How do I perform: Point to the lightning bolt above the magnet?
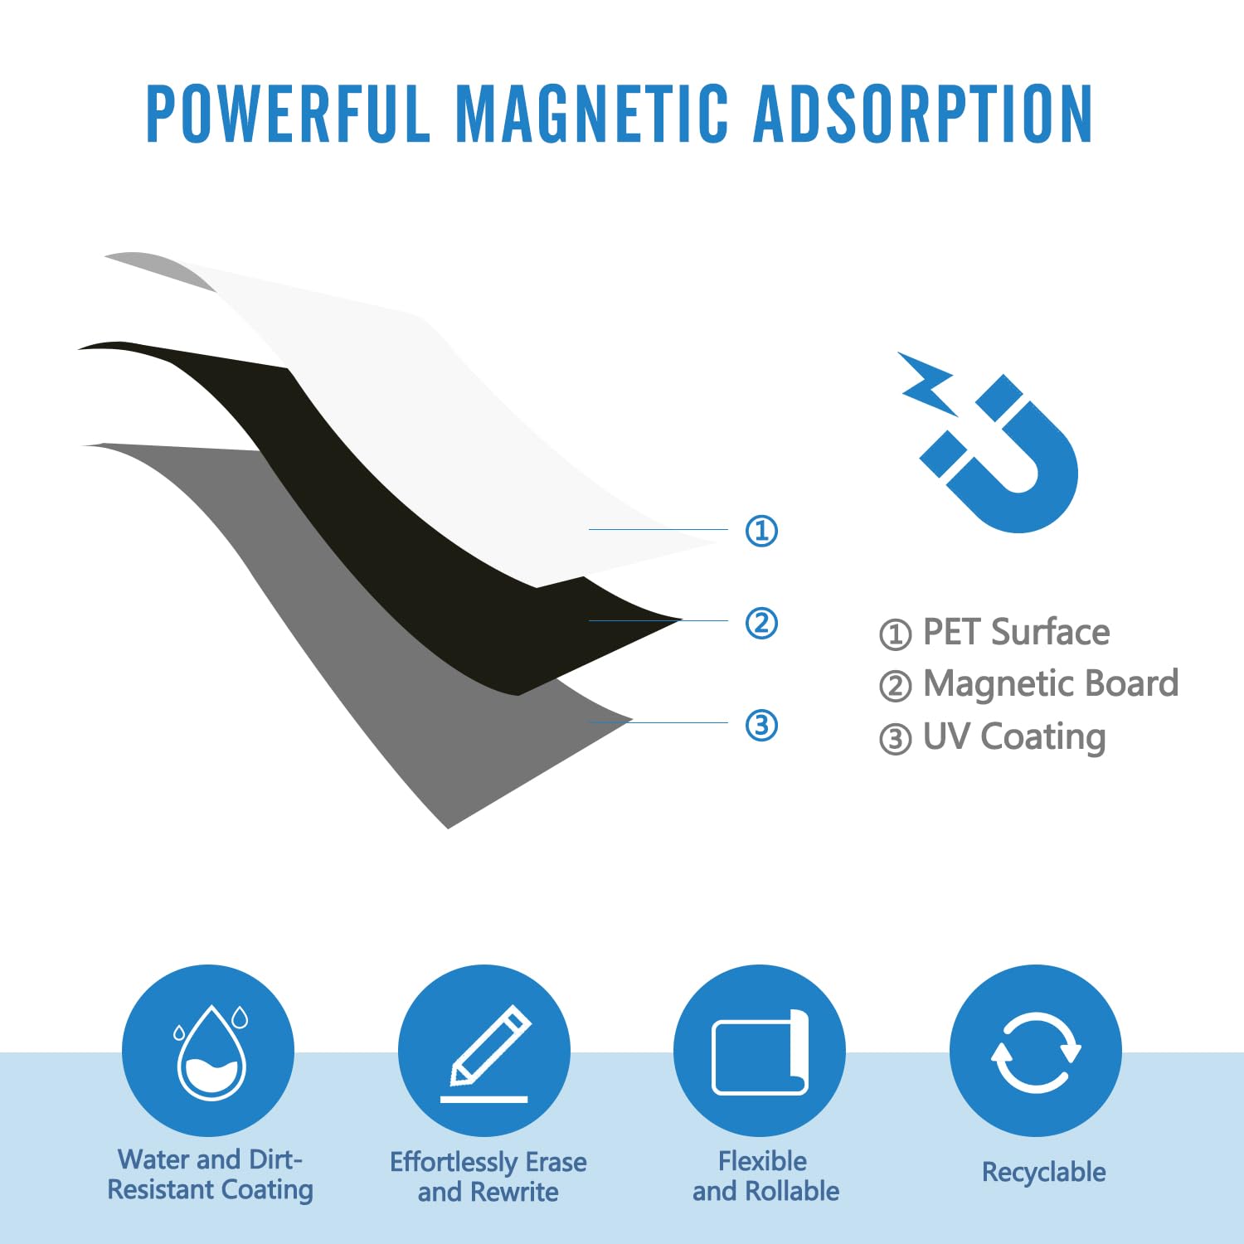pyautogui.click(x=927, y=382)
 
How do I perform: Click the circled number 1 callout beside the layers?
pyautogui.click(x=761, y=531)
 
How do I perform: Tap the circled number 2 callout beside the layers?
pyautogui.click(x=761, y=623)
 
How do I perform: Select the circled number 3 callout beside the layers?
pyautogui.click(x=761, y=725)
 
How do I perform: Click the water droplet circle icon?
pyautogui.click(x=208, y=1050)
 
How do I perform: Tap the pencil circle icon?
pyautogui.click(x=484, y=1050)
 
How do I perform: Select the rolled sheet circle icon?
pyautogui.click(x=760, y=1050)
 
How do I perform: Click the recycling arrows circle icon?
pyautogui.click(x=1036, y=1050)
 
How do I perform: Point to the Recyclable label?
pyautogui.click(x=1044, y=1172)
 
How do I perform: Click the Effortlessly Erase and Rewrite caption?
pyautogui.click(x=488, y=1177)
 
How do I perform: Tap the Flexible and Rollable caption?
pyautogui.click(x=765, y=1176)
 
